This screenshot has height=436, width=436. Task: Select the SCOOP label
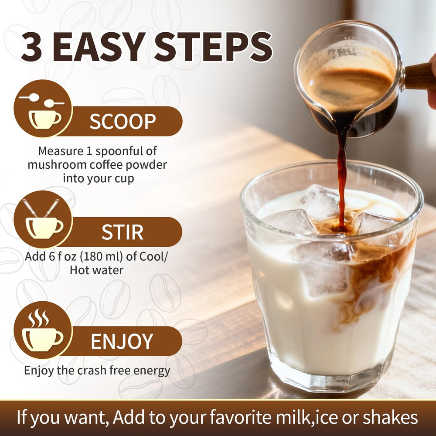pyautogui.click(x=123, y=121)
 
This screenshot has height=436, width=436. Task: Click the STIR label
pyautogui.click(x=122, y=232)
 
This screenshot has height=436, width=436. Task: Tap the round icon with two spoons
pyautogui.click(x=43, y=109)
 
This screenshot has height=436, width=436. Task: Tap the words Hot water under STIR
pyautogui.click(x=96, y=270)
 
